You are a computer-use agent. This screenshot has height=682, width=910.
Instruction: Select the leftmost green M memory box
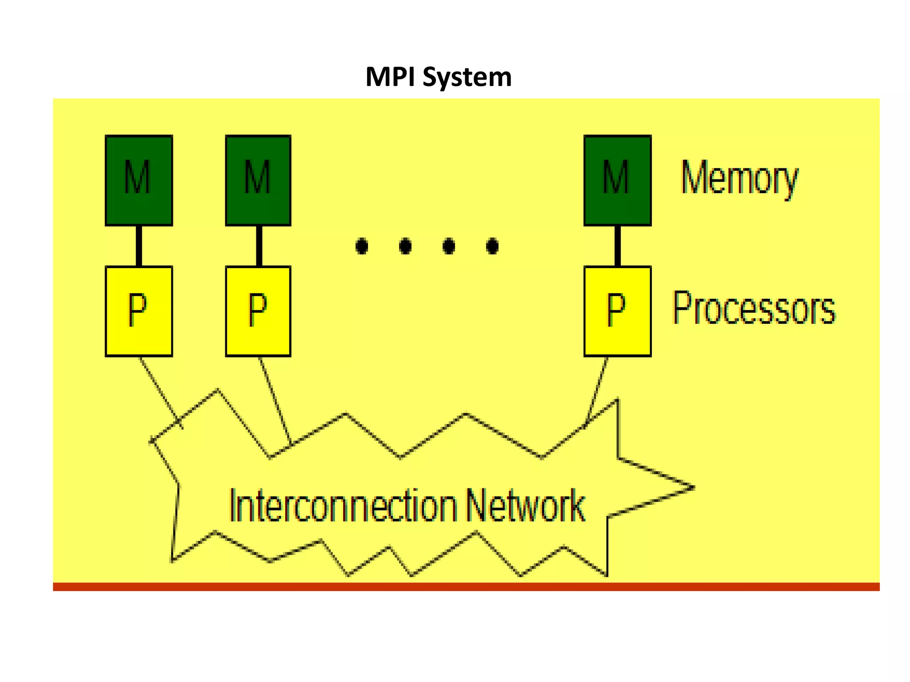click(139, 180)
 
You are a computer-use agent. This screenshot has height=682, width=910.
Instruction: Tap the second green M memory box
click(258, 180)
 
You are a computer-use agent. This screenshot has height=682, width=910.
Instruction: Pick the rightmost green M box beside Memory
click(617, 180)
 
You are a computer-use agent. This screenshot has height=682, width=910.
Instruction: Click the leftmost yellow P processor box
click(139, 311)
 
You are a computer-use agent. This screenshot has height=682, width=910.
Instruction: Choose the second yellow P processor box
click(258, 311)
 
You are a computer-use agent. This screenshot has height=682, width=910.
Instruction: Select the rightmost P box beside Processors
click(617, 311)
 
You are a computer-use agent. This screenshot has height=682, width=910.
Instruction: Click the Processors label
click(754, 308)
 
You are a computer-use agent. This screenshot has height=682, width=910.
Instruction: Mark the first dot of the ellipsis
click(362, 246)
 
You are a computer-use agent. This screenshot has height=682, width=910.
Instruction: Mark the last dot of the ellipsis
click(492, 246)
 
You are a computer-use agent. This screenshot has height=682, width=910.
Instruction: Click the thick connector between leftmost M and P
click(139, 246)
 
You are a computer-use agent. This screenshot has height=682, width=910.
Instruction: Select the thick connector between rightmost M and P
click(617, 246)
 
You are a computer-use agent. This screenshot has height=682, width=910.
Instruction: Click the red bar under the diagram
click(466, 587)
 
